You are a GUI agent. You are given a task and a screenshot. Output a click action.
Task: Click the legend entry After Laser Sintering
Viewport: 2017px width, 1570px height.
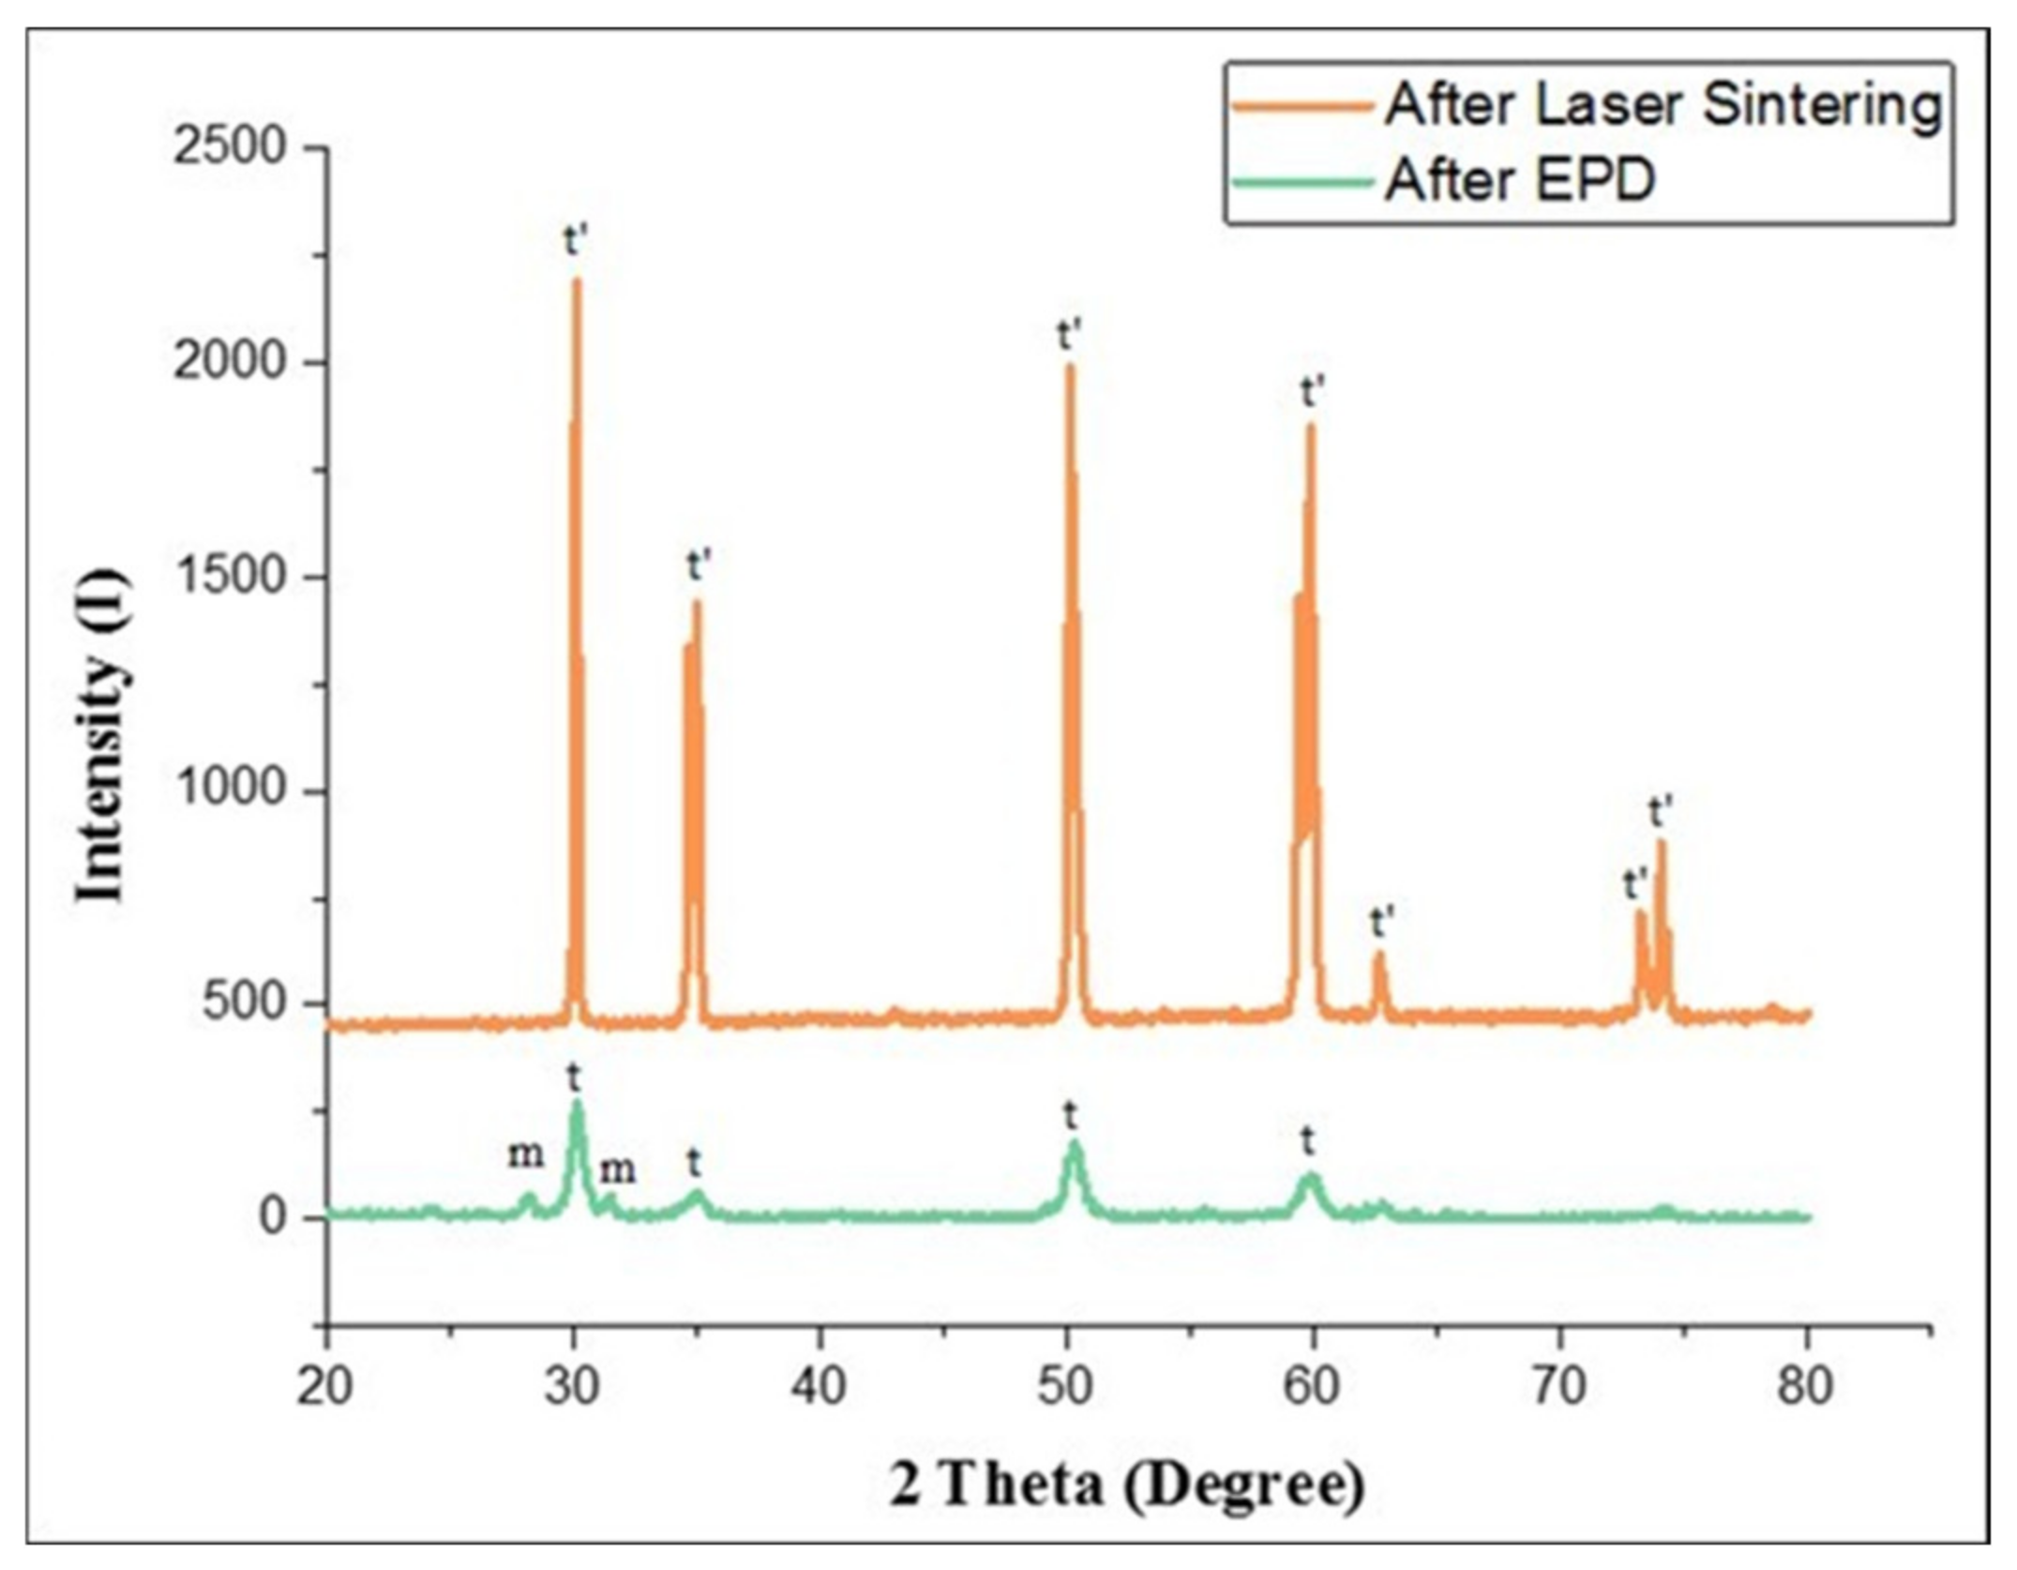[x=1663, y=105]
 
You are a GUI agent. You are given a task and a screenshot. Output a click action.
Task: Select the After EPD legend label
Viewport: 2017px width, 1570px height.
[x=1519, y=180]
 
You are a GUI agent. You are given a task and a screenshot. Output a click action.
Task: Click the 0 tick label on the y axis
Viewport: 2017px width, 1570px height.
[x=272, y=1217]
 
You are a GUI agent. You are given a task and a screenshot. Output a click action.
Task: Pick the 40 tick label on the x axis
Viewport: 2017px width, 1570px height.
[x=819, y=1387]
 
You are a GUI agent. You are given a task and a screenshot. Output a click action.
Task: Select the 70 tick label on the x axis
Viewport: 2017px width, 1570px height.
[x=1559, y=1387]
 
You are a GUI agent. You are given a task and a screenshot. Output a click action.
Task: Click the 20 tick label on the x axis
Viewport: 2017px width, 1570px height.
[x=325, y=1387]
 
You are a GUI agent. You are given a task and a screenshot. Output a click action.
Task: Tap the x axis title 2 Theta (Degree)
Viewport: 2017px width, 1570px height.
[x=1126, y=1486]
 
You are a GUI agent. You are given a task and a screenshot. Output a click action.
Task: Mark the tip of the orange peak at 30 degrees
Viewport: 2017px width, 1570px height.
[x=577, y=280]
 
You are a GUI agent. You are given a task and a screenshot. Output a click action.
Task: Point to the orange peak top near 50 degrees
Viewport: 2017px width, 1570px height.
[x=1069, y=367]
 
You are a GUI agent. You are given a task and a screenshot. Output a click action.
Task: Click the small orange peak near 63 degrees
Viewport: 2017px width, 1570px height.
[x=1379, y=955]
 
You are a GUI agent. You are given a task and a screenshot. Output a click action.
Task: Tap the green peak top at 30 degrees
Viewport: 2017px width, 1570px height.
[x=577, y=1103]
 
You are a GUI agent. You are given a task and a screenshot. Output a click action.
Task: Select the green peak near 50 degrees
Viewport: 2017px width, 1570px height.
[x=1075, y=1143]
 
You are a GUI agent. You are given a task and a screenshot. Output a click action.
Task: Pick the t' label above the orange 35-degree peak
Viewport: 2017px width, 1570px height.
[x=700, y=566]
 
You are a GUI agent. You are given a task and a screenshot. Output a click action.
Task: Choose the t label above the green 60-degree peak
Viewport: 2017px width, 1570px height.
[x=1308, y=1143]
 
